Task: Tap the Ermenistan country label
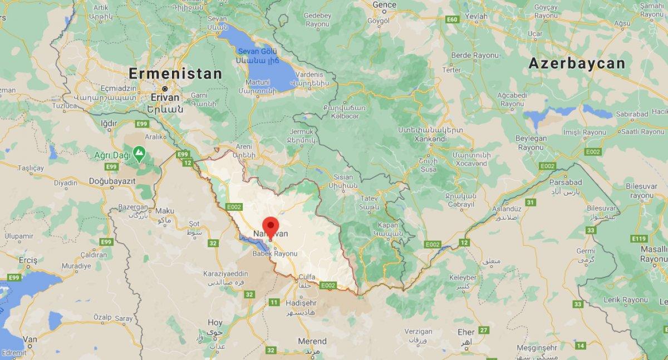(175, 73)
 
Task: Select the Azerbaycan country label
(577, 63)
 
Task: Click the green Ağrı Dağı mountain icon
(138, 151)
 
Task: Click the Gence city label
(384, 4)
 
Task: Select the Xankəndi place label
(430, 139)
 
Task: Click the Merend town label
(312, 341)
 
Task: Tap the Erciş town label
(27, 260)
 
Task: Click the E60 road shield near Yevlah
(452, 19)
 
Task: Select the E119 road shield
(639, 239)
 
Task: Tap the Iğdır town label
(109, 123)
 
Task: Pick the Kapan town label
(388, 225)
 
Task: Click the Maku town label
(164, 211)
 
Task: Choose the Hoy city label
(215, 322)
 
